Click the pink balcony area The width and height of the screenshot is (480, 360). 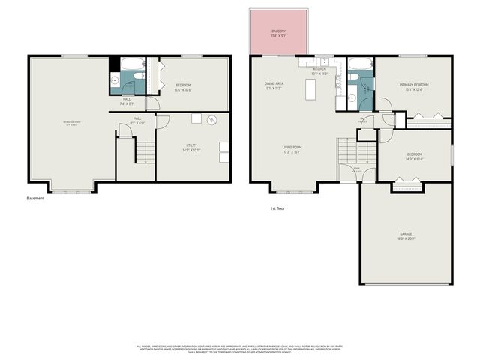pyautogui.click(x=278, y=32)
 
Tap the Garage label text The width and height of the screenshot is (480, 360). pyautogui.click(x=406, y=237)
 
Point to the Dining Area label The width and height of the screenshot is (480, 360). pyautogui.click(x=273, y=85)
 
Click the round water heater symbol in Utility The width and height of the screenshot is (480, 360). pyautogui.click(x=212, y=118)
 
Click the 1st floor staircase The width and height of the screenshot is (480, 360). pyautogui.click(x=347, y=150)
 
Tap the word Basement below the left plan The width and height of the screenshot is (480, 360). pyautogui.click(x=36, y=199)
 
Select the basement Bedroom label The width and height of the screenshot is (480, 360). pyautogui.click(x=184, y=87)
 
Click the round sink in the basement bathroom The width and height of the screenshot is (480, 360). pyautogui.click(x=115, y=79)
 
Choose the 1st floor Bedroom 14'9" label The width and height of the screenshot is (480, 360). pyautogui.click(x=414, y=156)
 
